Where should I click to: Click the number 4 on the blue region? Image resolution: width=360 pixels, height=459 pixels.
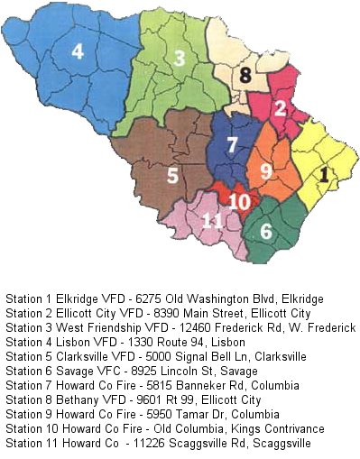pyautogui.click(x=78, y=52)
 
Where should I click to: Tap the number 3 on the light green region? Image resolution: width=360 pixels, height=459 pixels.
pyautogui.click(x=180, y=60)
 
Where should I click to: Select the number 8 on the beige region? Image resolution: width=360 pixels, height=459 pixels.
pyautogui.click(x=244, y=76)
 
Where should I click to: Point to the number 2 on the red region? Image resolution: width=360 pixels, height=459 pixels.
pyautogui.click(x=281, y=109)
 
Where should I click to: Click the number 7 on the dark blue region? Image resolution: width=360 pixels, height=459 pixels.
pyautogui.click(x=232, y=145)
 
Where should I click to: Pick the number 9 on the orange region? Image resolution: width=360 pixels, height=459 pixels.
pyautogui.click(x=265, y=170)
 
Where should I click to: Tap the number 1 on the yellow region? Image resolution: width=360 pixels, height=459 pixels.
pyautogui.click(x=325, y=170)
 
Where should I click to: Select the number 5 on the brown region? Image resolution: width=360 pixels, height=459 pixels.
pyautogui.click(x=172, y=175)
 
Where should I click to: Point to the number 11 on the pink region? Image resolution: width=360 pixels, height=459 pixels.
pyautogui.click(x=212, y=221)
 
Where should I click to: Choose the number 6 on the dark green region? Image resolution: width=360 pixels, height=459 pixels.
pyautogui.click(x=266, y=231)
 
